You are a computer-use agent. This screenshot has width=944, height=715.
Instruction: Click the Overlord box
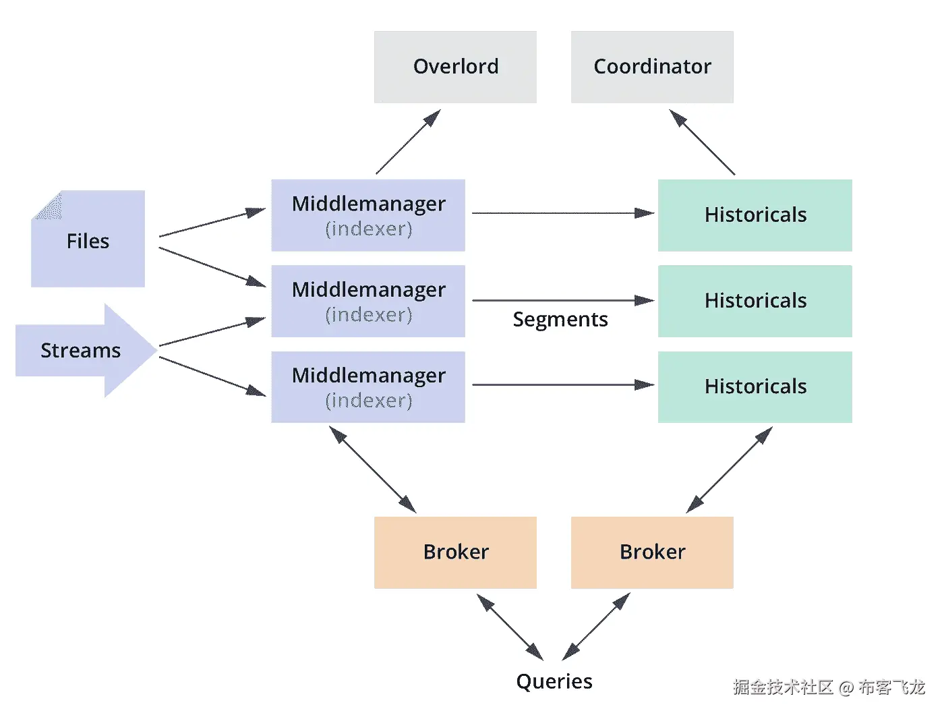455,67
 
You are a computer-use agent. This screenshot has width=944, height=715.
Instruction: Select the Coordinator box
652,67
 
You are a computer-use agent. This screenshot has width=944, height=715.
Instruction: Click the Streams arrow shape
81,350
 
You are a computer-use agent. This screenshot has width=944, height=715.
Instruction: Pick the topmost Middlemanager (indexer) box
368,215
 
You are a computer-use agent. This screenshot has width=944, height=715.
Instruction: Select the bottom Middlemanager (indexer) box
368,387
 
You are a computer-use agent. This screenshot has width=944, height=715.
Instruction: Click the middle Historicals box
755,301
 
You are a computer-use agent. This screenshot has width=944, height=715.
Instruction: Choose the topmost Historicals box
755,215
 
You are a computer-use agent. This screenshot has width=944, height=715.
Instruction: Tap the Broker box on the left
455,552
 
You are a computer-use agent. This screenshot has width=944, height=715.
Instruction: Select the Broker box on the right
652,552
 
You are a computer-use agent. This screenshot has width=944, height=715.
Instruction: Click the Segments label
560,320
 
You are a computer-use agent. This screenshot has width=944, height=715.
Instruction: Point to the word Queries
554,681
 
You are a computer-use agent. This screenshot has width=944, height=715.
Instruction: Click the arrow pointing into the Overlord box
408,142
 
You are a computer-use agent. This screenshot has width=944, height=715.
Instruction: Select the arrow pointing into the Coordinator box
702,142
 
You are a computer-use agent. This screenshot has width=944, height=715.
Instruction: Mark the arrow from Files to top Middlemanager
212,223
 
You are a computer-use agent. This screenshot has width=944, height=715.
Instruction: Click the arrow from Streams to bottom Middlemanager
212,376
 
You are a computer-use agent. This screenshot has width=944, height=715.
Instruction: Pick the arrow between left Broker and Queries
510,627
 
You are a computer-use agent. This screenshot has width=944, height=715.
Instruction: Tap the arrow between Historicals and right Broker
729,469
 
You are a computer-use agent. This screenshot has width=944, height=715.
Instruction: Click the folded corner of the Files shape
48,205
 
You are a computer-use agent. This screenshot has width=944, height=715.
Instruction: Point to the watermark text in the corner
829,687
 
